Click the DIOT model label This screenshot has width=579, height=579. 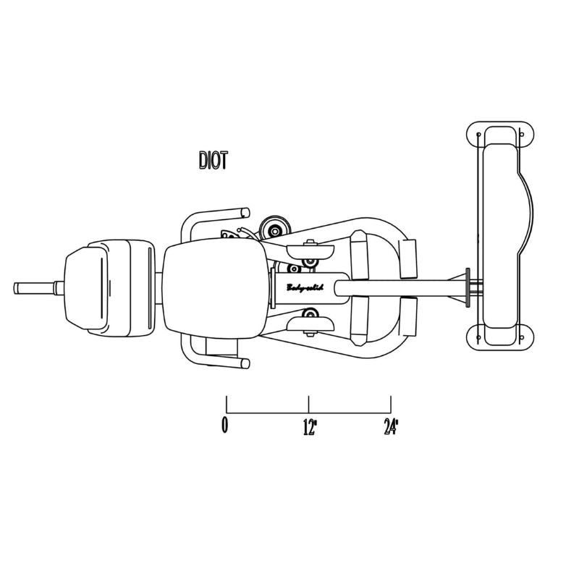point(213,160)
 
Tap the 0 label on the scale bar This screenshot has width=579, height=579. point(226,426)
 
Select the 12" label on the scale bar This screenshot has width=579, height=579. point(310,427)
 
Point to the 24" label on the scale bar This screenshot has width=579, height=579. point(392,427)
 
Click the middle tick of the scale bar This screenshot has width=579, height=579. point(309,405)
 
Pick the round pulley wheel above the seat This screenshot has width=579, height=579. point(275,229)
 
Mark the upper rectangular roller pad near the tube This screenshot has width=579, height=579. point(409,258)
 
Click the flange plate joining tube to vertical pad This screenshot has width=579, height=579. point(470,288)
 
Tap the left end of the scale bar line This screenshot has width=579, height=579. point(227,413)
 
